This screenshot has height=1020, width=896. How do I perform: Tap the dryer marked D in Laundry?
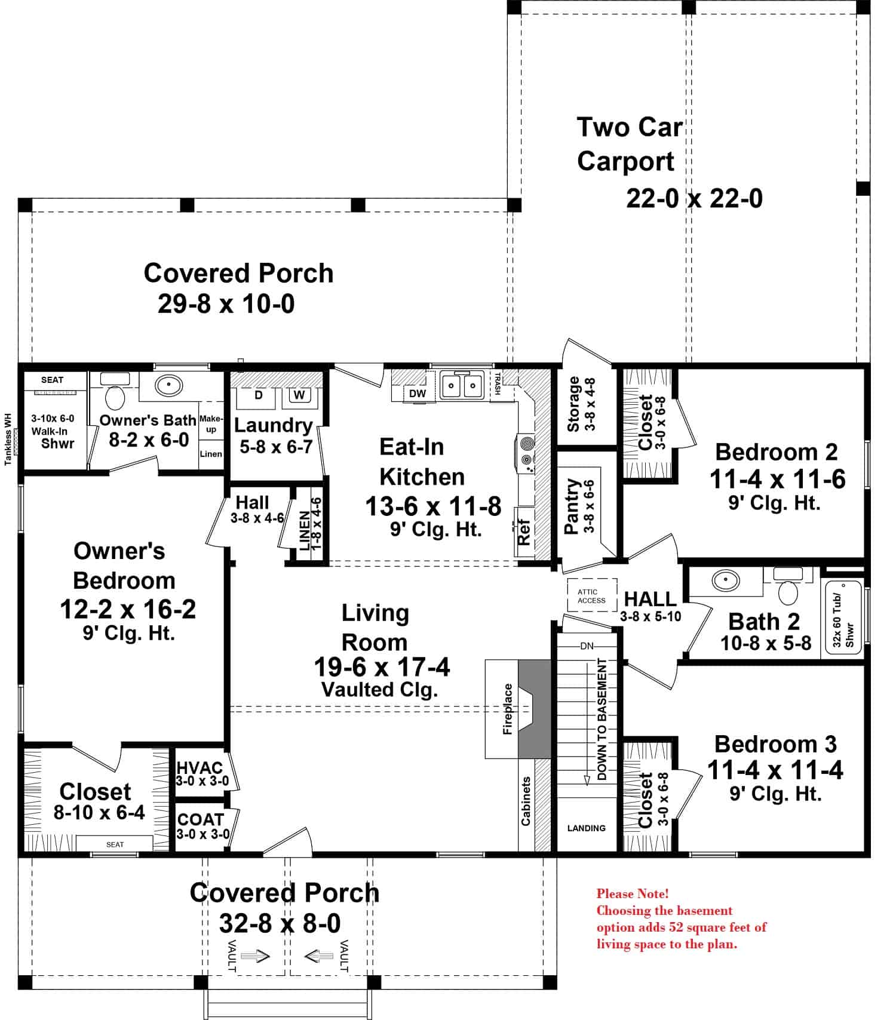[x=259, y=395]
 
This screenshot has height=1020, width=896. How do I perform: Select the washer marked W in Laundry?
[x=299, y=395]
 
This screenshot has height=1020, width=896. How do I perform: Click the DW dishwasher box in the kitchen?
[x=418, y=394]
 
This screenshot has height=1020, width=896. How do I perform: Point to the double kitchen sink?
[x=462, y=385]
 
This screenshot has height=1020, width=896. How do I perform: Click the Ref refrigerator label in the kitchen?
[x=524, y=531]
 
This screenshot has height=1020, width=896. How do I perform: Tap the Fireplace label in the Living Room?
[x=508, y=709]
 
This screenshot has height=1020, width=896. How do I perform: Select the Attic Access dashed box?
[x=591, y=595]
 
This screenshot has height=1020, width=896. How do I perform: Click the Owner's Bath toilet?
[x=115, y=397]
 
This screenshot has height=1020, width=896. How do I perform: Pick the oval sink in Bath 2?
[x=725, y=579]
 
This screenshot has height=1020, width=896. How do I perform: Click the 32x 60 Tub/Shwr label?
[x=843, y=621]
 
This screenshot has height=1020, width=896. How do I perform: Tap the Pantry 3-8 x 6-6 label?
[x=579, y=506]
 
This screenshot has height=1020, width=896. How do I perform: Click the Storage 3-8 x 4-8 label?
[x=581, y=404]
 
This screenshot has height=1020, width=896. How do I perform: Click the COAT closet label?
[x=201, y=820]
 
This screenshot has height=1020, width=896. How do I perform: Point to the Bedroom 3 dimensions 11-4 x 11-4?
[x=775, y=770]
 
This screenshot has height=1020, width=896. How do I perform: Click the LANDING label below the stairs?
[x=586, y=828]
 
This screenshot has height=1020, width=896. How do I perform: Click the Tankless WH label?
[x=8, y=439]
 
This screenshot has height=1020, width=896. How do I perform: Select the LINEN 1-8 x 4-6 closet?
[x=311, y=524]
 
